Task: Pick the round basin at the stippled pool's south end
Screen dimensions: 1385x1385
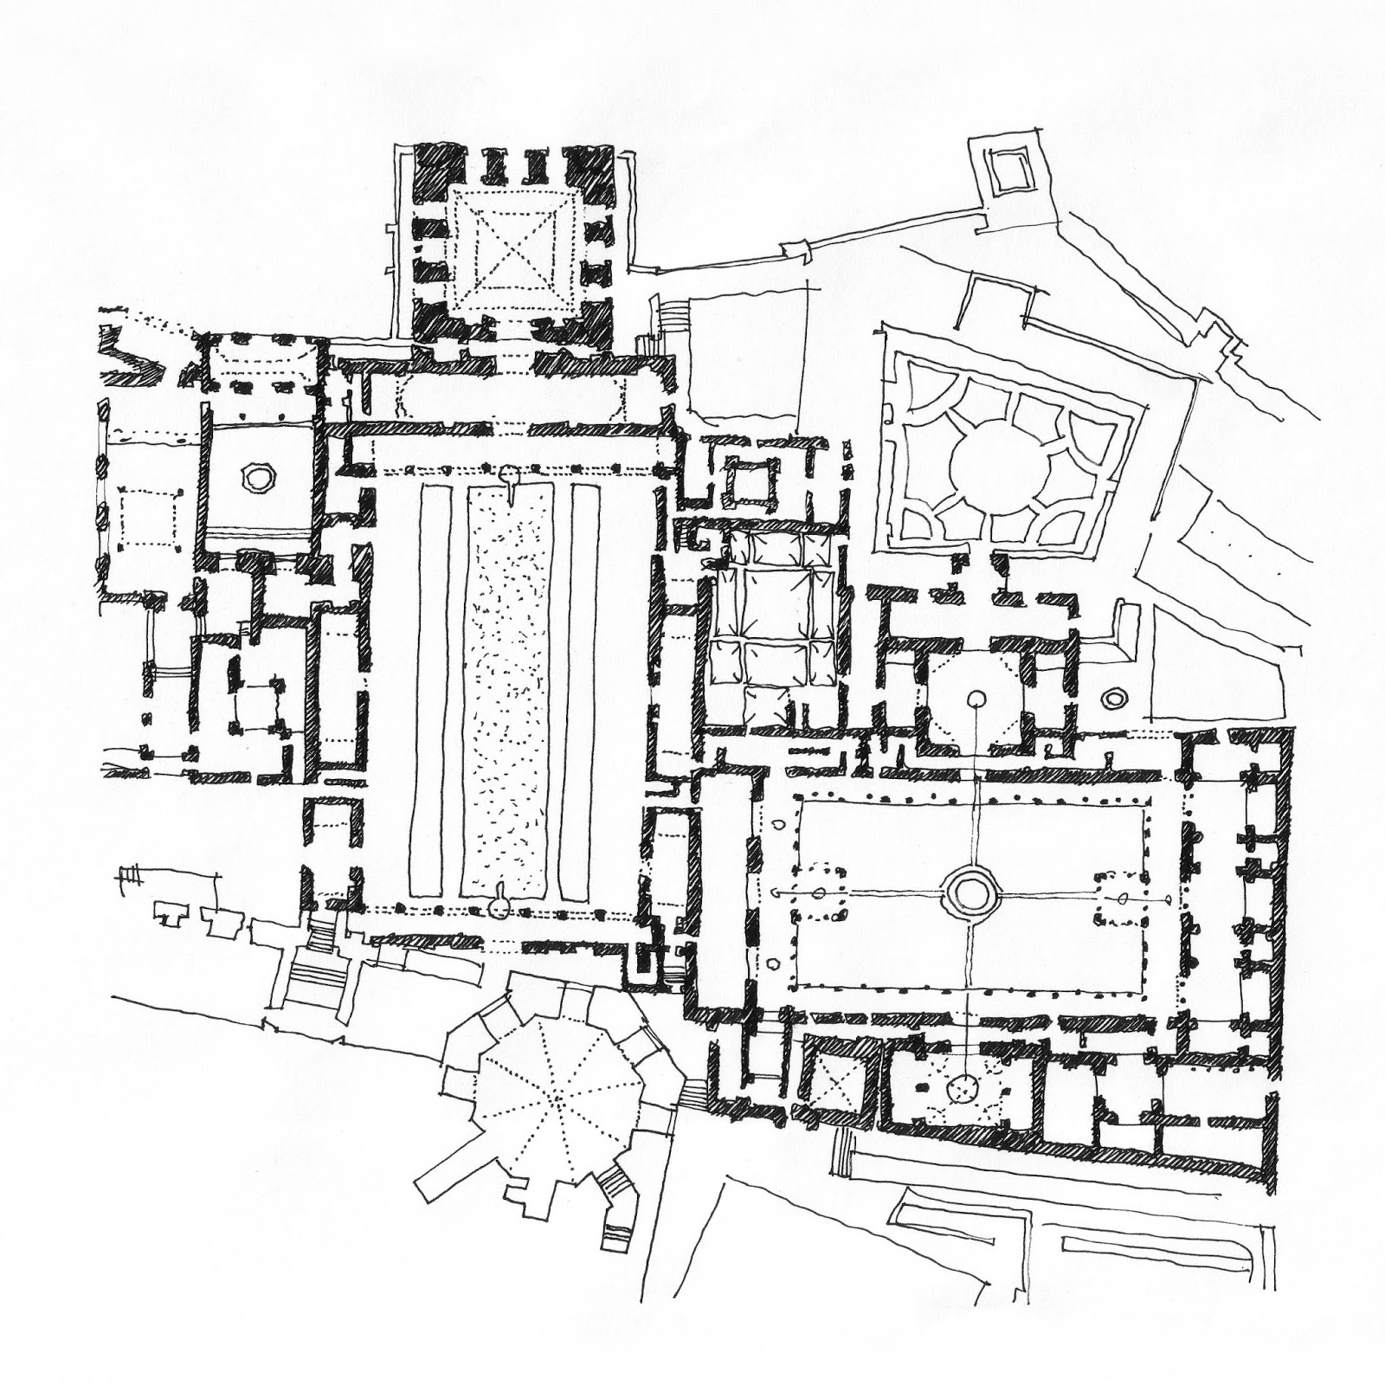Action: coord(499,906)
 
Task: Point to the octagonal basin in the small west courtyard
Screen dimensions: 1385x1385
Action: coord(257,476)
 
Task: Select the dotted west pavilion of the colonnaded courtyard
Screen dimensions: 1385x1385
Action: coord(819,892)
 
